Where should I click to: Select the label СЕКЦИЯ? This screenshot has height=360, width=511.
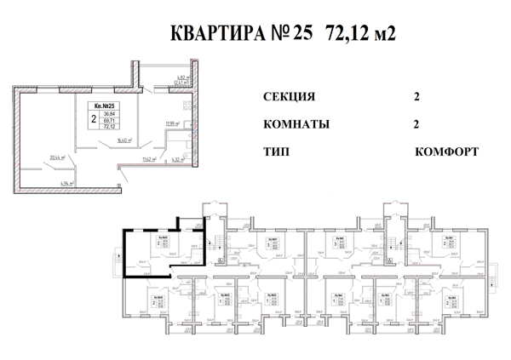290,96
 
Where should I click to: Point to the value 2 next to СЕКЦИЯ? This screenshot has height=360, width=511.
416,96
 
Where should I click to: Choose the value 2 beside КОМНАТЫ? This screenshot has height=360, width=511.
416,124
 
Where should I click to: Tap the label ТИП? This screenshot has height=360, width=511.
278,152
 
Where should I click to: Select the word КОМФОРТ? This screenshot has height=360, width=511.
446,152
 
